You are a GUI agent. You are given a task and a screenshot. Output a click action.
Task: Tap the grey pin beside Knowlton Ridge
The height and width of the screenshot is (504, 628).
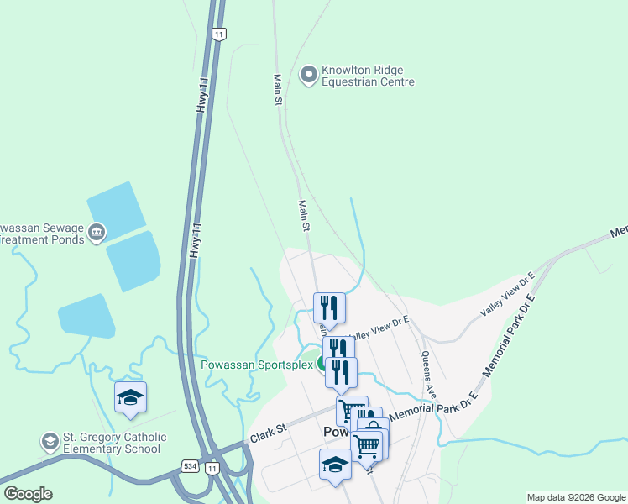308,76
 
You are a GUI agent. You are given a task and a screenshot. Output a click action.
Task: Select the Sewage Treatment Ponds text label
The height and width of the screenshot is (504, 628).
42,234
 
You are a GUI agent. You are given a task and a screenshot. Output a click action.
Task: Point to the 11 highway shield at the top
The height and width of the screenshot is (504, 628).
219,34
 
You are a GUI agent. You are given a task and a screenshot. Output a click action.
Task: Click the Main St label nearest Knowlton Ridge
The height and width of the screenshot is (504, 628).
277,89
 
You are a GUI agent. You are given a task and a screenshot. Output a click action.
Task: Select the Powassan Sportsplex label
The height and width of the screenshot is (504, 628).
257,365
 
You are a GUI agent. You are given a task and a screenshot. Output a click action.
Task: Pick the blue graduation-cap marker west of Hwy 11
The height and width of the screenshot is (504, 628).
130,397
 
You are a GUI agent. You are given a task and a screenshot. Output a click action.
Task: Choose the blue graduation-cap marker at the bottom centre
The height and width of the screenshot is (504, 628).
336,465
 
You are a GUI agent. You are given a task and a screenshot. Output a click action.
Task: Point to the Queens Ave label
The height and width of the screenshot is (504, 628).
429,375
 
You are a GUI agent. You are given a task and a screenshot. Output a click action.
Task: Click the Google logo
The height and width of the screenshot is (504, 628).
28,494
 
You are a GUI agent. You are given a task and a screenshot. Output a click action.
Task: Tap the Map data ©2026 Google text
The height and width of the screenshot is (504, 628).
576,497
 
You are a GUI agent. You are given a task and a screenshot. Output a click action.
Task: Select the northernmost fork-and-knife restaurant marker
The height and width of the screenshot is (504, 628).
329,307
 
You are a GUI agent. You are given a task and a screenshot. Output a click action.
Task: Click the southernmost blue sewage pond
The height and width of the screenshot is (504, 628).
86,317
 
